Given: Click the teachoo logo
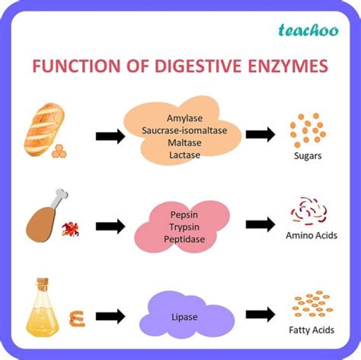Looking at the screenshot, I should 308,31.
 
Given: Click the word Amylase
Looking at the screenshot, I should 185,119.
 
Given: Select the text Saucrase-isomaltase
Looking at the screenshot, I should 185,131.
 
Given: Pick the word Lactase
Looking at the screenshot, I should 185,155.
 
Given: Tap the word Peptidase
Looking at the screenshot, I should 184,239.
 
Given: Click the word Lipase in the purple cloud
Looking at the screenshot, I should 185,317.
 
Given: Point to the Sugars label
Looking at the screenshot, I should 308,156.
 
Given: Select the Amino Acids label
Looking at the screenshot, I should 311,235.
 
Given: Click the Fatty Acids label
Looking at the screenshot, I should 311,330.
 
